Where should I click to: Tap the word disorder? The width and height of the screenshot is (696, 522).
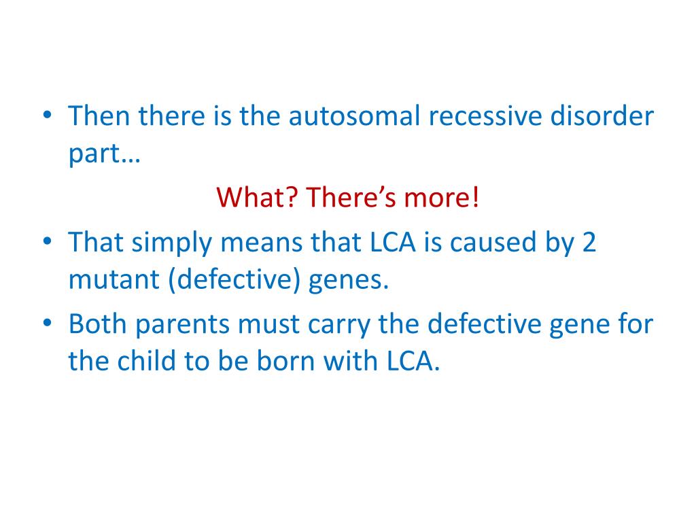[610, 117]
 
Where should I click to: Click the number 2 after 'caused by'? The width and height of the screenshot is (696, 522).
[589, 243]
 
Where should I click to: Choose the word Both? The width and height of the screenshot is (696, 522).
[97, 324]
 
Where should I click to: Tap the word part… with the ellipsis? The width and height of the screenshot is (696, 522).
[103, 154]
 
